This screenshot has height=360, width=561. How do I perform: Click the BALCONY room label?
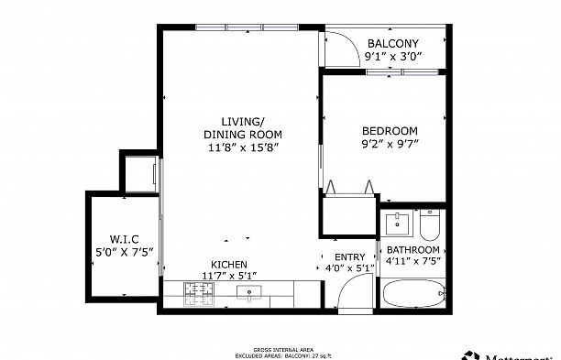click(x=392, y=44)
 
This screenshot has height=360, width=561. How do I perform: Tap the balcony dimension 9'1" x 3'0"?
click(x=392, y=57)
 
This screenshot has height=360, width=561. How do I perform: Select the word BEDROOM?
click(x=390, y=130)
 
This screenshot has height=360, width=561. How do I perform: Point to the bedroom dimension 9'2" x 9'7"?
click(x=390, y=143)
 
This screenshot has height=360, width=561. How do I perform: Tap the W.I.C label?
click(x=124, y=238)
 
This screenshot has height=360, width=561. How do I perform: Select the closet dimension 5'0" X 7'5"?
click(x=124, y=250)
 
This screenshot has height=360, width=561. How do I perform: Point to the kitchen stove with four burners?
click(x=198, y=293)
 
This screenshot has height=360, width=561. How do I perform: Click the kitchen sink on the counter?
click(x=249, y=293)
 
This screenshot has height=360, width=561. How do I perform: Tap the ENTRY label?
click(x=349, y=257)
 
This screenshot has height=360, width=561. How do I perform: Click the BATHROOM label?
click(x=412, y=250)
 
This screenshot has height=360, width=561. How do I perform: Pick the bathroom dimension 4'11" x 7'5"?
click(x=412, y=262)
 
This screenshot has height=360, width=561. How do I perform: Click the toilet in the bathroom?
click(x=430, y=224)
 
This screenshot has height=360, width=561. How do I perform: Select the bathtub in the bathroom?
click(x=412, y=295)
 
